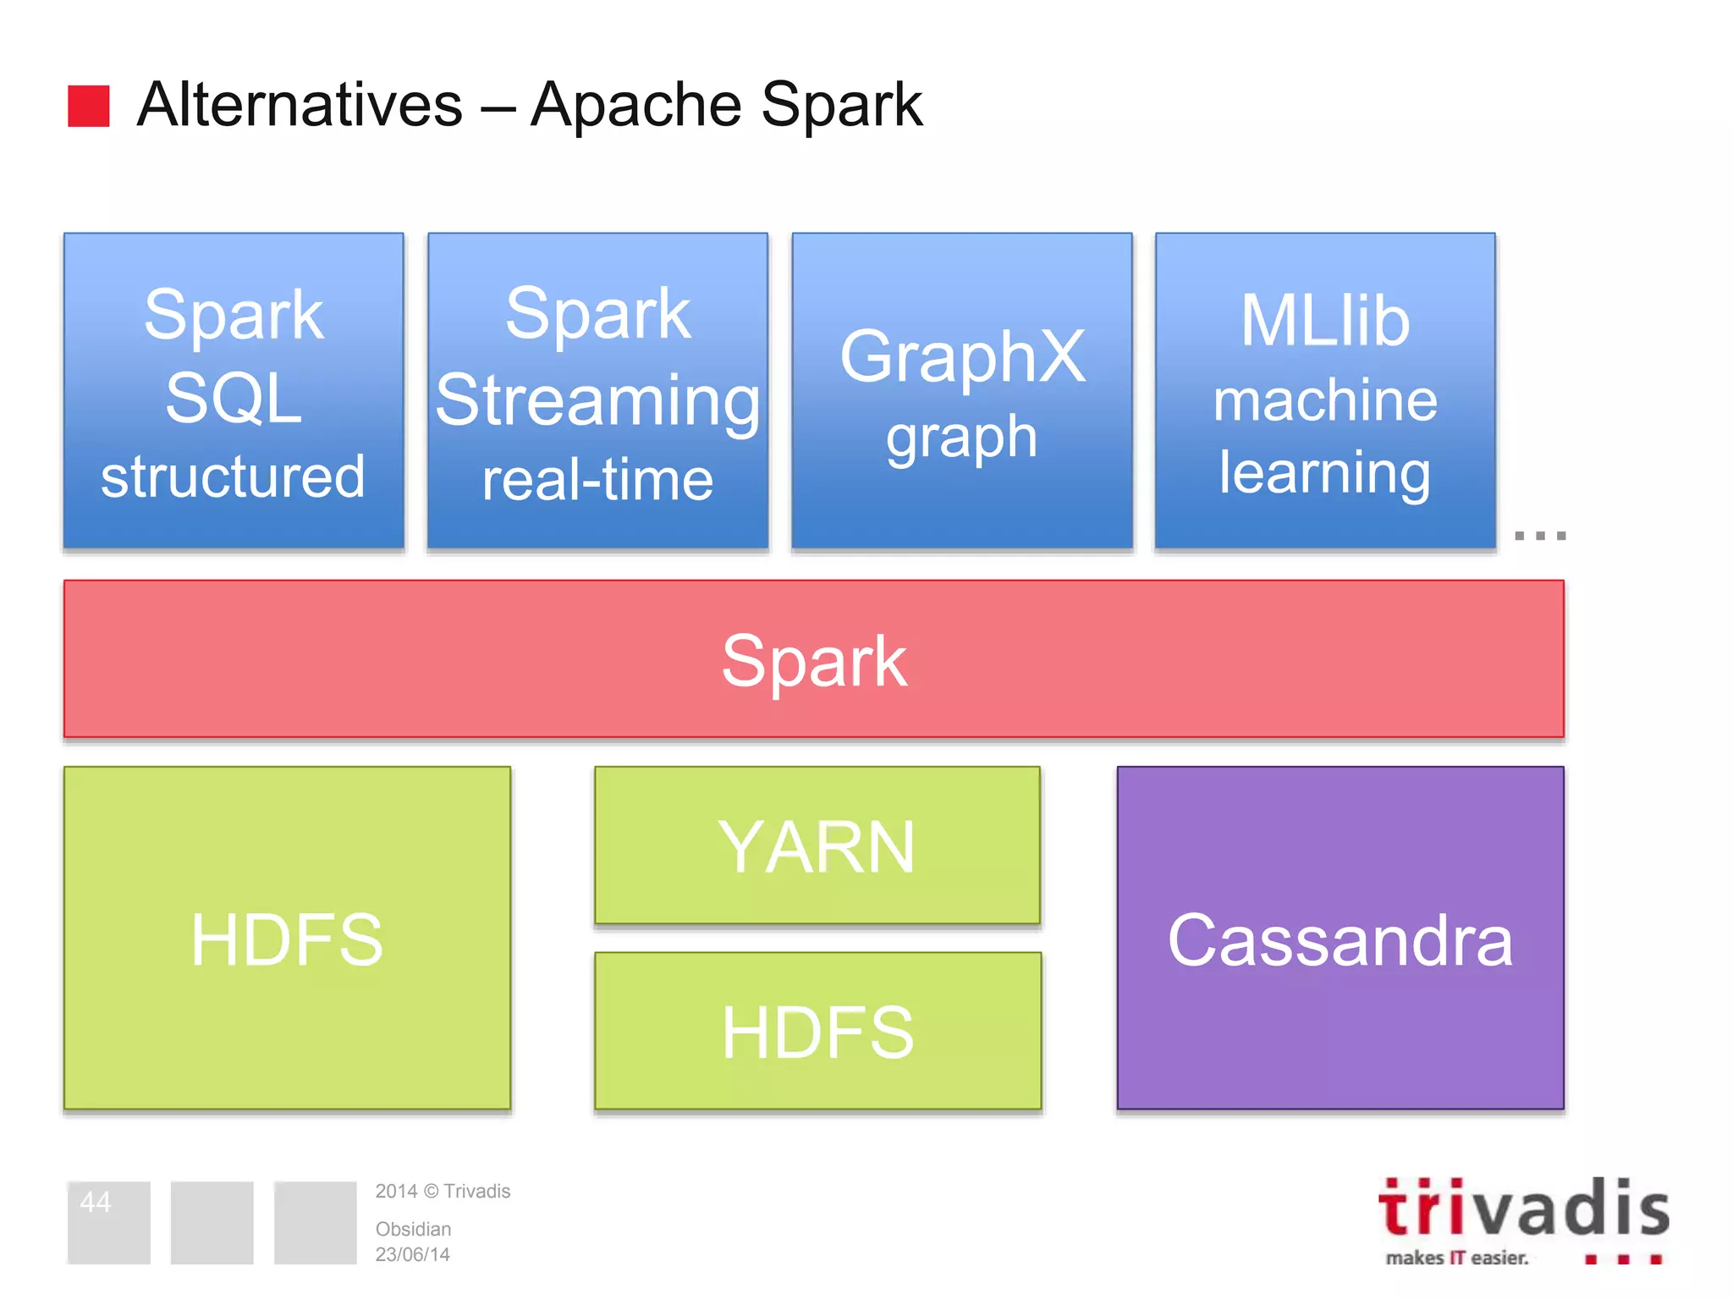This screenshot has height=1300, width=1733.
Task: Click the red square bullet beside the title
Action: click(x=89, y=106)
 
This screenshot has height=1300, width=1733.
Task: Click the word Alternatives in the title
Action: click(x=300, y=105)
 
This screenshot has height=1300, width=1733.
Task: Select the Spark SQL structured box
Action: click(x=234, y=391)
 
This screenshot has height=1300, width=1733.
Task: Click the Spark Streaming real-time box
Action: click(x=597, y=391)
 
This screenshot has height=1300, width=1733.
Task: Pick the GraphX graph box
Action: click(x=962, y=391)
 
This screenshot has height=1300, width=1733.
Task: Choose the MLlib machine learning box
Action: click(x=1325, y=391)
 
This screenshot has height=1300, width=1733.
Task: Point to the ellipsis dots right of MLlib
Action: click(x=1540, y=536)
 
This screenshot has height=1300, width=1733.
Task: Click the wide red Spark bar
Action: click(x=814, y=659)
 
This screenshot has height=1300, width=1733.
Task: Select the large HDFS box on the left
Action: click(x=288, y=938)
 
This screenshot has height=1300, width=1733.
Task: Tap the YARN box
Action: click(x=817, y=846)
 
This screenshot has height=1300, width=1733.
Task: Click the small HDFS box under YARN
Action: click(x=817, y=1031)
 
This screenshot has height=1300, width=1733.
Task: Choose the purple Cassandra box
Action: click(x=1340, y=938)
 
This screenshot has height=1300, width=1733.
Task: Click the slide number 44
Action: click(x=96, y=1202)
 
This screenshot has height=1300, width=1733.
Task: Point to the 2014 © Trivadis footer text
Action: click(x=443, y=1191)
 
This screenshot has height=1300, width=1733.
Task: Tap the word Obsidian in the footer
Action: click(x=413, y=1229)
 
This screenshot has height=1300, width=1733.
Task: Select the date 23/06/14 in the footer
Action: click(x=412, y=1254)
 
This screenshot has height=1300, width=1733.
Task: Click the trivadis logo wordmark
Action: click(x=1523, y=1209)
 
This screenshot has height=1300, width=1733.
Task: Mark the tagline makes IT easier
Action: click(x=1457, y=1258)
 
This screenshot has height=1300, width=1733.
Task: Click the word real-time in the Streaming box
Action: click(x=597, y=480)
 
